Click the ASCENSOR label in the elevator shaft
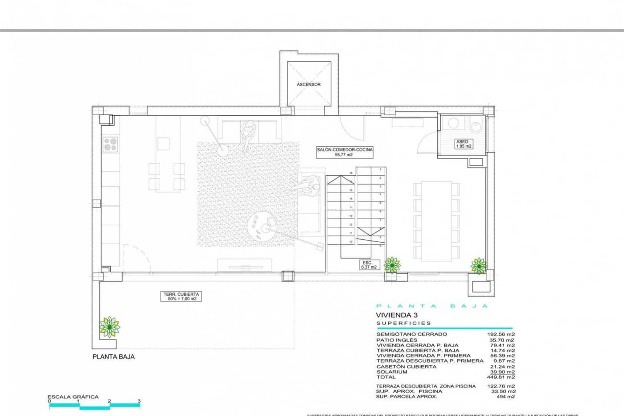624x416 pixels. (x=308, y=84)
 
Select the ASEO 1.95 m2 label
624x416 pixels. (x=463, y=144)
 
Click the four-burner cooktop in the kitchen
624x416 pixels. (x=110, y=144)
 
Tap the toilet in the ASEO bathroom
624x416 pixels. (x=476, y=126)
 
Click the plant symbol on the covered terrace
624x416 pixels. (x=109, y=327)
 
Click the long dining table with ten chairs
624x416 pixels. (x=436, y=221)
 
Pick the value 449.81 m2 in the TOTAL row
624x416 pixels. (x=501, y=377)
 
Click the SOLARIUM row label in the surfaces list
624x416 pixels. (x=392, y=372)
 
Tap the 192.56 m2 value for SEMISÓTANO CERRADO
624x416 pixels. (x=501, y=334)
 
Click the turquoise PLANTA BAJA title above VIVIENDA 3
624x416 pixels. (x=432, y=306)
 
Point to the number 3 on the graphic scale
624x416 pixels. (x=139, y=401)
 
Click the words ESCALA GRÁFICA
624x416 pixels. (x=73, y=396)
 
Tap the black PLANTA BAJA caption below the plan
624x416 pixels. (x=113, y=356)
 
